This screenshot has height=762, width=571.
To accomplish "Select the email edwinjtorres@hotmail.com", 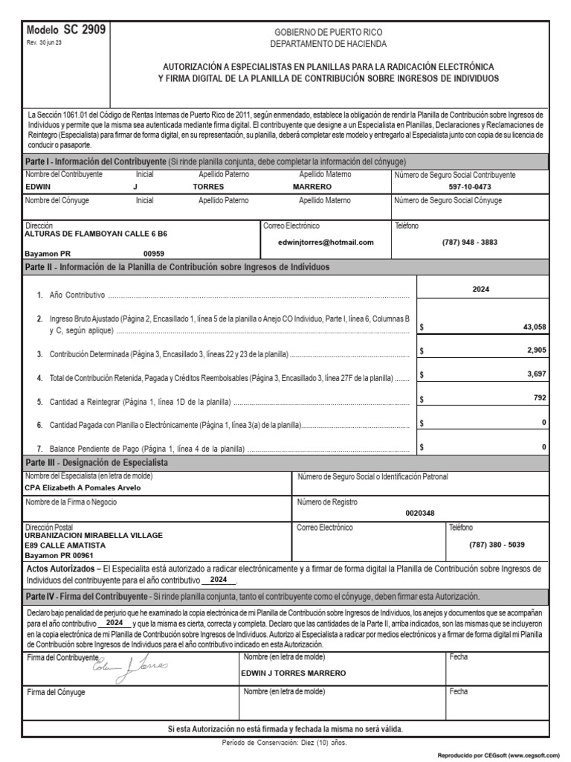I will pos(326,242).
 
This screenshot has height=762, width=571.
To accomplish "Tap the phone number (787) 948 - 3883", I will pos(469,242).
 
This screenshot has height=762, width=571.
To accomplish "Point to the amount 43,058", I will pos(534,327).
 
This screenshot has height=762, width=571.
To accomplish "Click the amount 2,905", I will pos(535,350).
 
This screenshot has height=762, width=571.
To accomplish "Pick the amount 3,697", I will pos(535,374).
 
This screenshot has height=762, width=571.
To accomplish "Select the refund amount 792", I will pos(540,398).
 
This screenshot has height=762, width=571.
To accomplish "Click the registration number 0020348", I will pos(421,513).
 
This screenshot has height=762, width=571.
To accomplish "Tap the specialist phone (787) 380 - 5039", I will pos(497,545).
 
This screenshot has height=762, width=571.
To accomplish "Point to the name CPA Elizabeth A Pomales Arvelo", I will pos(83,488).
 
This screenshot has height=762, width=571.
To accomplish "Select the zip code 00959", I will pos(154,253).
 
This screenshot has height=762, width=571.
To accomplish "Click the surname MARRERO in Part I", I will pos(312,188).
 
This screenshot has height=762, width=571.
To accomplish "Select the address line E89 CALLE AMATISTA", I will pos(65,545).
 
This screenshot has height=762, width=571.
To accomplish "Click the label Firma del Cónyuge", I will pos(56,692).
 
